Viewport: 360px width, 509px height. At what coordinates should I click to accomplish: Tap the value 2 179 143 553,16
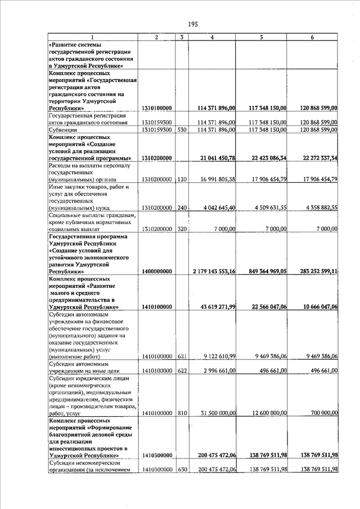coord(213,271)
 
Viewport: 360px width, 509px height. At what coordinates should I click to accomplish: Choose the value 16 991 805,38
coord(214,179)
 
